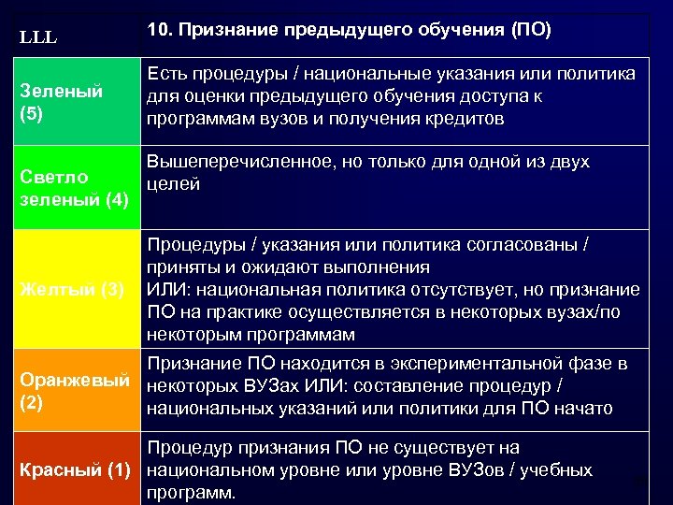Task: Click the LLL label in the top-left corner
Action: pos(38,39)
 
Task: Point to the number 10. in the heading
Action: pos(160,30)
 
